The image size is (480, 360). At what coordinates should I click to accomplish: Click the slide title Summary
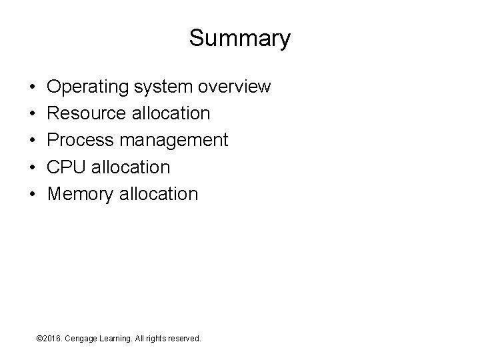pos(239,38)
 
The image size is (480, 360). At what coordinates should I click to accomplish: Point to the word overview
pos(235,87)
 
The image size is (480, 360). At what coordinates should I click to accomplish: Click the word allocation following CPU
pos(131,167)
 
